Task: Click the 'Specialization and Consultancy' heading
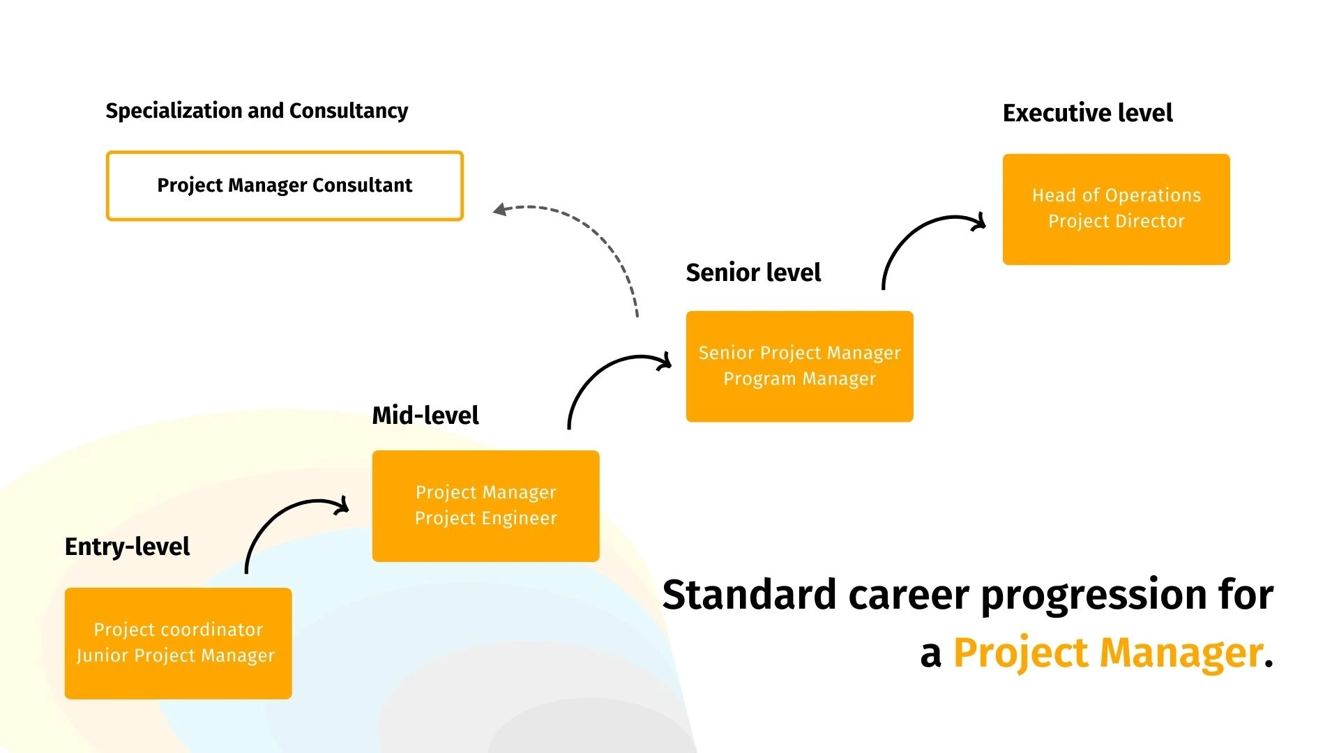click(257, 111)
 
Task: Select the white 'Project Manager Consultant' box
click(285, 186)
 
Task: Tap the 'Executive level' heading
click(1087, 112)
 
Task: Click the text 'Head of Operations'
click(1117, 195)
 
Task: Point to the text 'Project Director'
click(1117, 221)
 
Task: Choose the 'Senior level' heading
click(753, 272)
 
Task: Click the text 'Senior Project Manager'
click(800, 353)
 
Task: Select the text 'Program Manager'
click(800, 379)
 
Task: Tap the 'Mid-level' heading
click(425, 416)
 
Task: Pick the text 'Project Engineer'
click(486, 518)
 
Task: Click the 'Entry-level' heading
click(127, 547)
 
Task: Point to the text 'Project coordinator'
click(179, 630)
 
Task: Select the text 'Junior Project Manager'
click(176, 656)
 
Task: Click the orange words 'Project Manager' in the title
click(1108, 653)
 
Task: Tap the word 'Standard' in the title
click(749, 594)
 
